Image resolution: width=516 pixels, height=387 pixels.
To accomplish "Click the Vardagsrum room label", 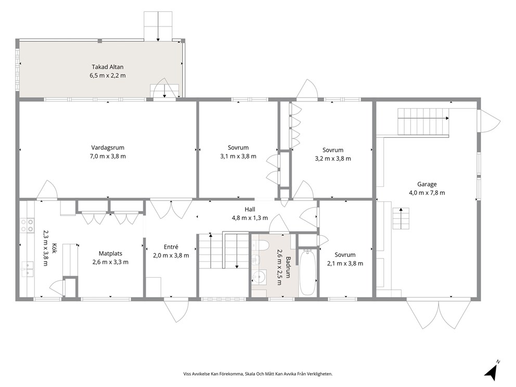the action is click(108, 148).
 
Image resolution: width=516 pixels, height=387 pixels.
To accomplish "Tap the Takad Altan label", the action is click(108, 67).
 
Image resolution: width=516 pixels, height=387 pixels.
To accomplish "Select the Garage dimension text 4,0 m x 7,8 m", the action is click(427, 193).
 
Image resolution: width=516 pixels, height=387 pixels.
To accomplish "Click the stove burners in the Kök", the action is click(27, 225).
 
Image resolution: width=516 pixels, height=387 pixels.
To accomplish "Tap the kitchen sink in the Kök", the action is click(27, 269).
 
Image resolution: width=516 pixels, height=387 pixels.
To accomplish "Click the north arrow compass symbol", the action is click(492, 371).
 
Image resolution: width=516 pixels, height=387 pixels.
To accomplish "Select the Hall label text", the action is click(250, 209).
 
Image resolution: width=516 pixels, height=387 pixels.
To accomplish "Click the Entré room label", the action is click(171, 247).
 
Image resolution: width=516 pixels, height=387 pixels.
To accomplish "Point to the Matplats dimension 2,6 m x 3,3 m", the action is click(111, 262).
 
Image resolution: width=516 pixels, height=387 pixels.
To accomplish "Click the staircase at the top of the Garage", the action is click(423, 121).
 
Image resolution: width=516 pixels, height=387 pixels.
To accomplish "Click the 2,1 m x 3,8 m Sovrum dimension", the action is click(345, 264).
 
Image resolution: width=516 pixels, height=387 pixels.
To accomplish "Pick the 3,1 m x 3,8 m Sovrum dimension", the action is click(238, 157).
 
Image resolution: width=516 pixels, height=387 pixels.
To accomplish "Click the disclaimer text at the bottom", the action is click(258, 374).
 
